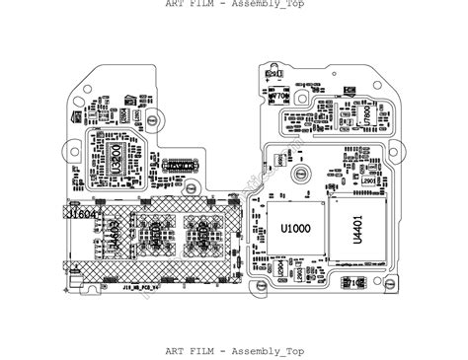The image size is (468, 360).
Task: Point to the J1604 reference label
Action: [84, 213]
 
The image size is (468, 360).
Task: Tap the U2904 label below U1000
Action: [281, 267]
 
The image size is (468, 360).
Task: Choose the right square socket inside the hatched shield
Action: [203, 238]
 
